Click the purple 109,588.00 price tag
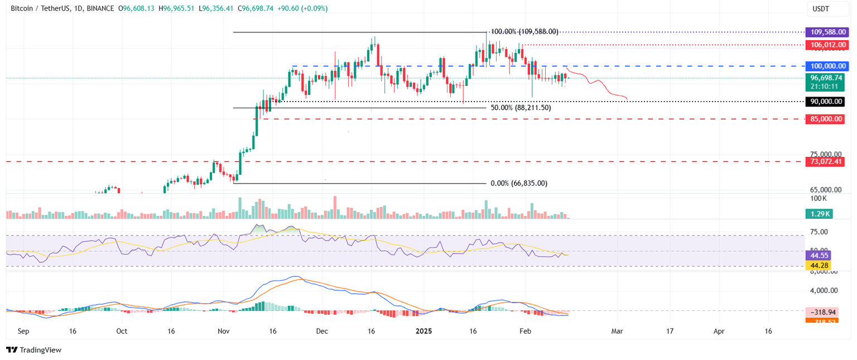tap(825, 32)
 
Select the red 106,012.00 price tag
tap(825, 44)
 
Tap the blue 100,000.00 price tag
tap(825, 66)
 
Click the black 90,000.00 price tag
tap(825, 102)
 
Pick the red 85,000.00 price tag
tap(825, 119)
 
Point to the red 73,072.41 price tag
tap(825, 161)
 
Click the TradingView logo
tap(33, 350)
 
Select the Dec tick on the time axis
tap(322, 331)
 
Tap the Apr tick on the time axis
tap(719, 331)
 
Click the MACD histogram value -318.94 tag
tap(825, 312)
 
